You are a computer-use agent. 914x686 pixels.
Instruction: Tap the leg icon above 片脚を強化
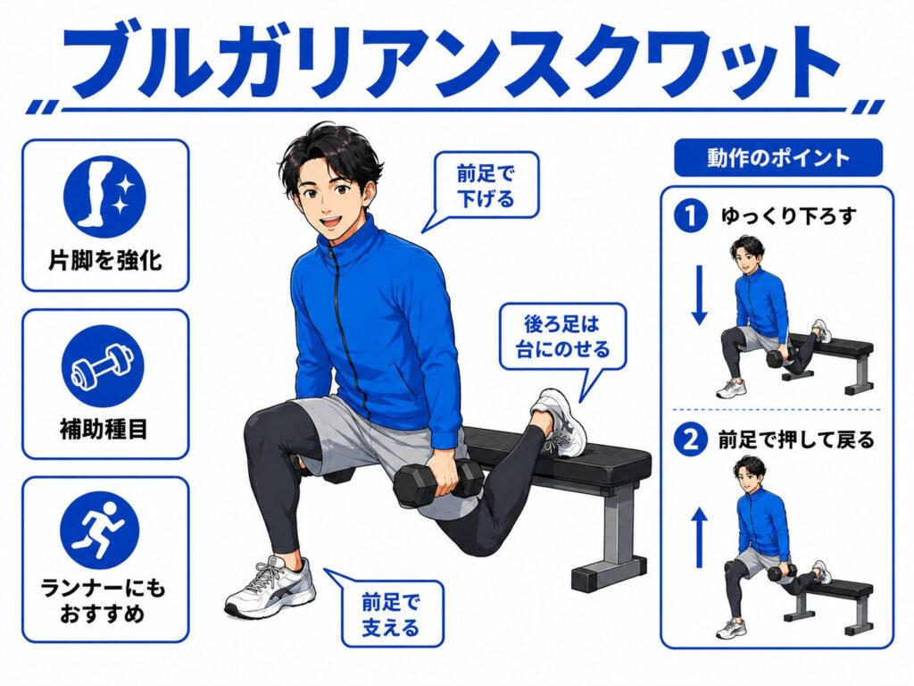105,196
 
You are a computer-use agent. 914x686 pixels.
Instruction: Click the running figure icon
100,531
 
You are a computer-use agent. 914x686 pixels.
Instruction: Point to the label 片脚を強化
105,260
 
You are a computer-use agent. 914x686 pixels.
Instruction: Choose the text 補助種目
104,430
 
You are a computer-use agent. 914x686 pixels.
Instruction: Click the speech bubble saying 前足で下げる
483,186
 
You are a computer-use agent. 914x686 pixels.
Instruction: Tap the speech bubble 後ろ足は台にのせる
562,337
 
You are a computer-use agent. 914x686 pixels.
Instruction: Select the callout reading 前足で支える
390,614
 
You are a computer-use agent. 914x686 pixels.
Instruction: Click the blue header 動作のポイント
778,157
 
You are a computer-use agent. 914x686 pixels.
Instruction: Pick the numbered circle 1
690,216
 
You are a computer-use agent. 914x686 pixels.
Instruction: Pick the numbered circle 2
690,439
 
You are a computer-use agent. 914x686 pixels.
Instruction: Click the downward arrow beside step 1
700,295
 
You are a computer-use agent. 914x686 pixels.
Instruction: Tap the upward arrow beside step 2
700,537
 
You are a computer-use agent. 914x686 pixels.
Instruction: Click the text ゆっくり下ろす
789,216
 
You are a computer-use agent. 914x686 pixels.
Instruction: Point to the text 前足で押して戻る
796,439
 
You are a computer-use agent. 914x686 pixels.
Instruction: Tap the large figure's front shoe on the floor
271,587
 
